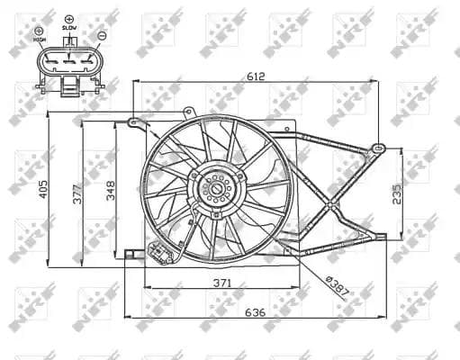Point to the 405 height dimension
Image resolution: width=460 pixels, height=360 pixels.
[42, 189]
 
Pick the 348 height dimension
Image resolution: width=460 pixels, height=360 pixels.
[110, 191]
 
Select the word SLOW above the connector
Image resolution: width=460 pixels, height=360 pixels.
[70, 28]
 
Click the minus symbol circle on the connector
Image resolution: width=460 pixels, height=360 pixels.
[102, 35]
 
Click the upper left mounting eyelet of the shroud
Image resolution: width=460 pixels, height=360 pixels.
[132, 121]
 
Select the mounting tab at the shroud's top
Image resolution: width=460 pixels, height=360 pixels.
[188, 112]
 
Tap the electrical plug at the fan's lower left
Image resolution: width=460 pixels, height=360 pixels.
[162, 256]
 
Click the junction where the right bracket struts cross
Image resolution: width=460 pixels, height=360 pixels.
[334, 209]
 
